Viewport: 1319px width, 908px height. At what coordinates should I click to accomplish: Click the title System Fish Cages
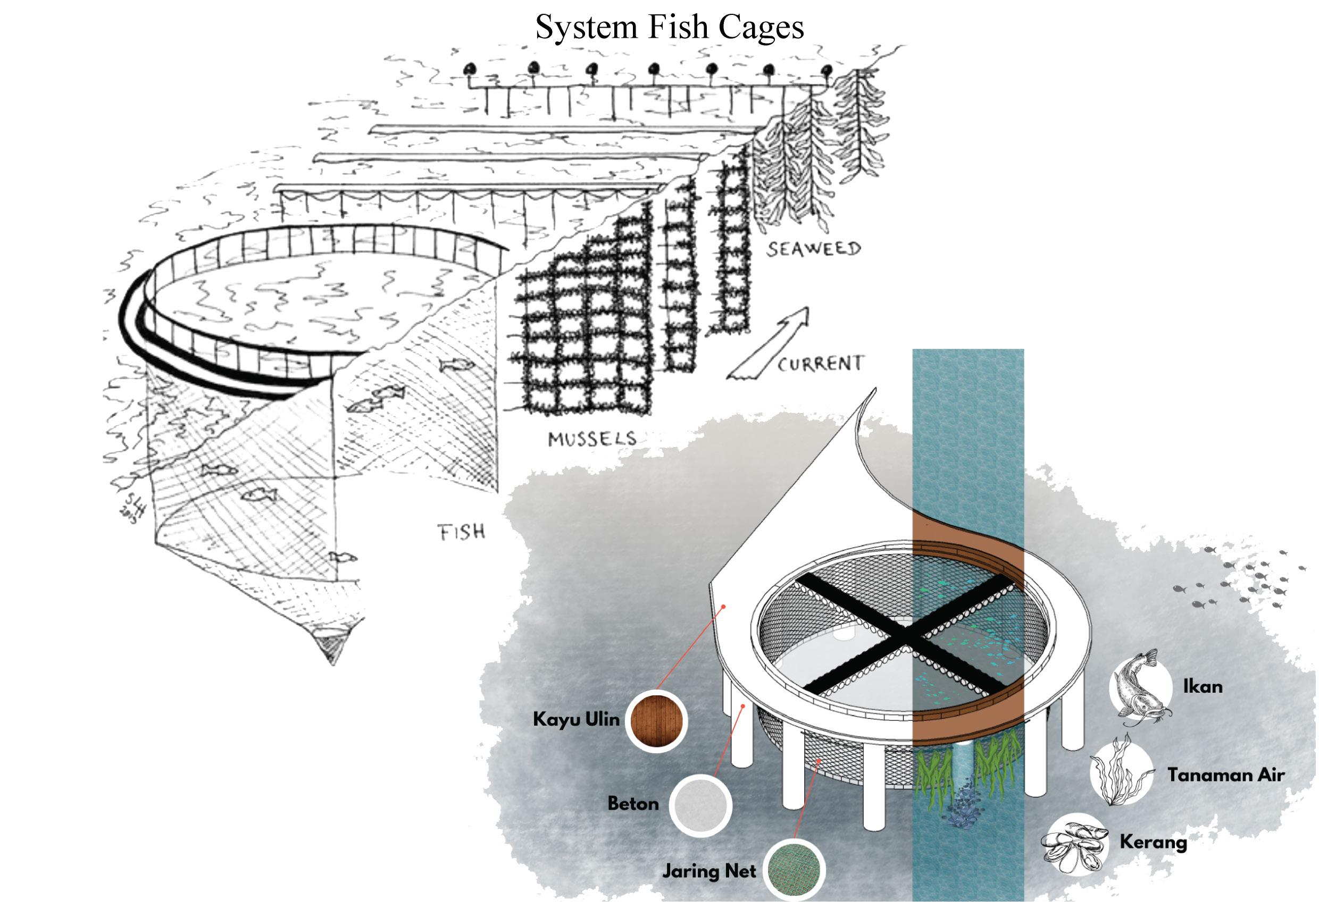pyautogui.click(x=669, y=27)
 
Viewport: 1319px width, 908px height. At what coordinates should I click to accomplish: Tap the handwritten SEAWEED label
pyautogui.click(x=813, y=249)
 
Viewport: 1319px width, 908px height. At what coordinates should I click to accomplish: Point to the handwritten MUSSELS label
pyautogui.click(x=592, y=438)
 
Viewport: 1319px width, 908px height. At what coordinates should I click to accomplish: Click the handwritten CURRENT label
pyautogui.click(x=820, y=364)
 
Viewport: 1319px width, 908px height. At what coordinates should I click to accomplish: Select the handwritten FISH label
pyautogui.click(x=461, y=532)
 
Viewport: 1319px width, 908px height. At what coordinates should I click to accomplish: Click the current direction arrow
pyautogui.click(x=768, y=344)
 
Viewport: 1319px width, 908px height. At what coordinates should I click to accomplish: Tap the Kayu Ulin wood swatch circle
pyautogui.click(x=656, y=721)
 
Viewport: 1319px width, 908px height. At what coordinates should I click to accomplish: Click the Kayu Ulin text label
pyautogui.click(x=576, y=720)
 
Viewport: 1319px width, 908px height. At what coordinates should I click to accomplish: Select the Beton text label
pyautogui.click(x=633, y=804)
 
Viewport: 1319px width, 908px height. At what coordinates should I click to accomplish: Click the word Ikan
pyautogui.click(x=1203, y=686)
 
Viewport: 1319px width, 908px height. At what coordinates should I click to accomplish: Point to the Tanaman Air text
pyautogui.click(x=1226, y=775)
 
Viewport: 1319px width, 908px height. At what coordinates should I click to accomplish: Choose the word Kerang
pyautogui.click(x=1153, y=842)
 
